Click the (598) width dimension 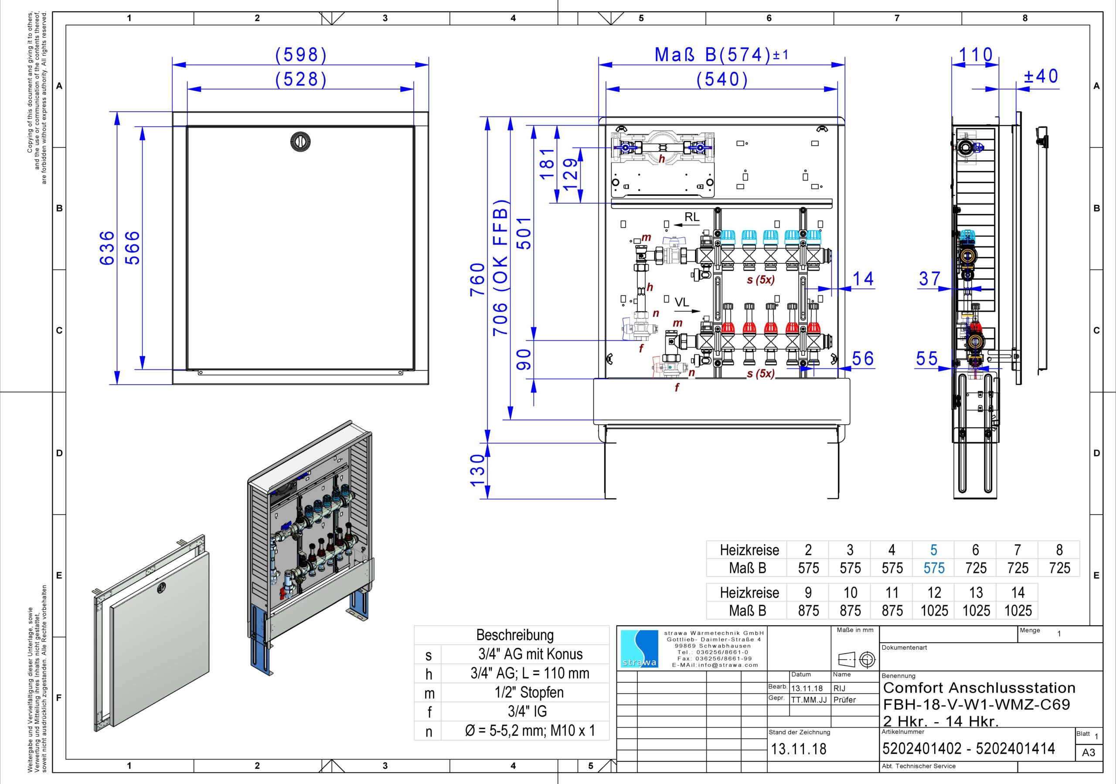click(301, 55)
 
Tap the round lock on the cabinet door click(300, 141)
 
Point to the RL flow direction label click(692, 217)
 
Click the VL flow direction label click(681, 302)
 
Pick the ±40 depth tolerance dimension click(1041, 76)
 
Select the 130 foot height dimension click(478, 470)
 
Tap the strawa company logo click(639, 649)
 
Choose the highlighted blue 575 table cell click(933, 568)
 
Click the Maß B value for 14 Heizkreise click(1017, 610)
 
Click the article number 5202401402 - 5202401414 click(968, 749)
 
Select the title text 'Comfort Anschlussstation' click(979, 688)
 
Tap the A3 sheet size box click(1089, 753)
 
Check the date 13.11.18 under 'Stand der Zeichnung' click(799, 749)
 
